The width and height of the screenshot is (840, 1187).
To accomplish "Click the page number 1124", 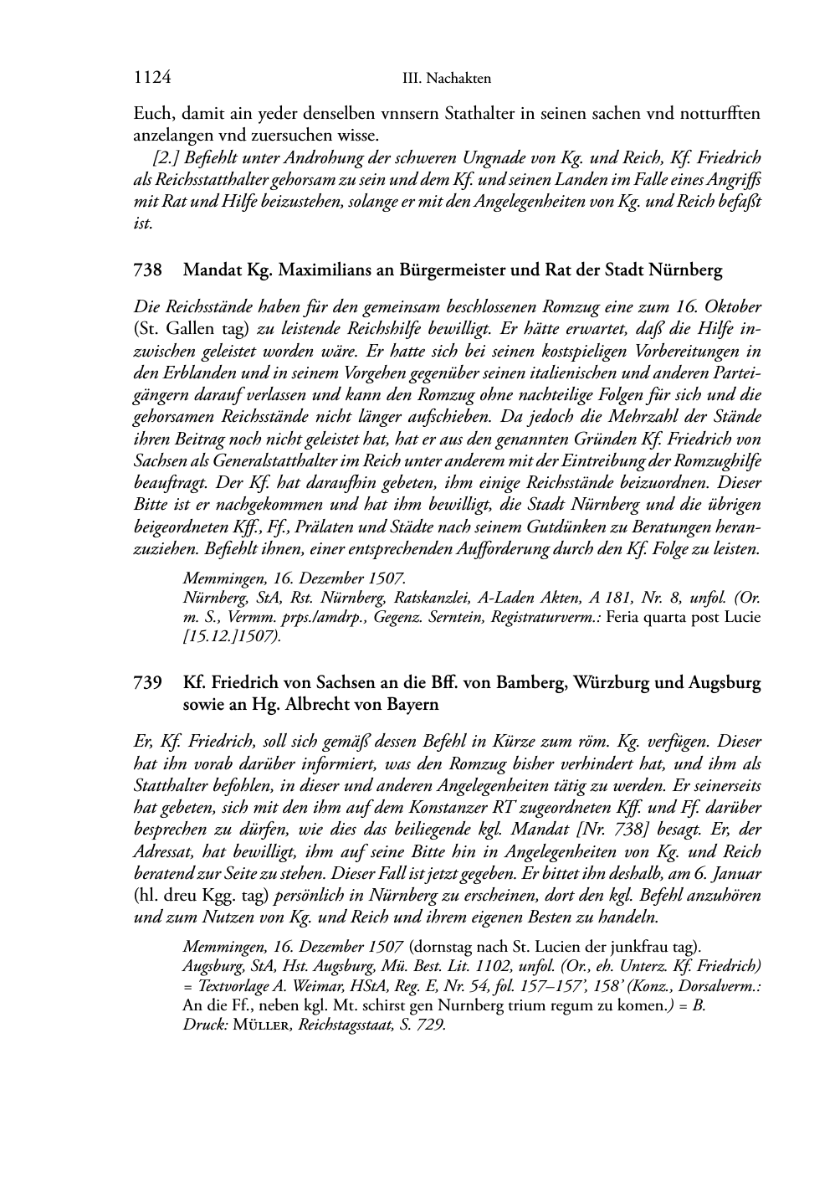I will [152, 78].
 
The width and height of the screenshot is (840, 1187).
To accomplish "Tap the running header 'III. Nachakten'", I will [446, 79].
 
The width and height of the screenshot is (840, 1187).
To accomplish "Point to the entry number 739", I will [147, 682].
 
